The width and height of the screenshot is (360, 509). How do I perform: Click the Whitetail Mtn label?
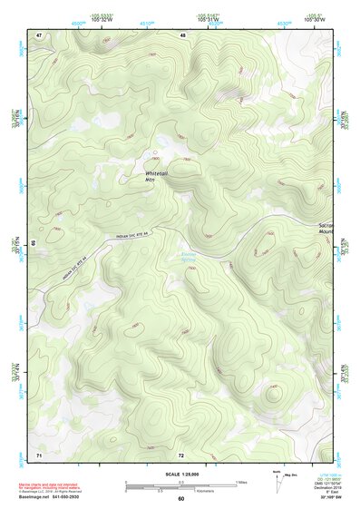pyautogui.click(x=157, y=175)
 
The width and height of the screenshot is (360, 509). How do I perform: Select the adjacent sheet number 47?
pyautogui.click(x=39, y=34)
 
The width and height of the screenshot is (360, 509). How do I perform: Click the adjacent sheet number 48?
pyautogui.click(x=182, y=34)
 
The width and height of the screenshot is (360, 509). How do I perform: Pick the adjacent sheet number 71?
pyautogui.click(x=39, y=454)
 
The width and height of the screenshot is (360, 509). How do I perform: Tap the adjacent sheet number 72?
pyautogui.click(x=181, y=454)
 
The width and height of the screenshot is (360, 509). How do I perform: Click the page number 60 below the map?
pyautogui.click(x=180, y=498)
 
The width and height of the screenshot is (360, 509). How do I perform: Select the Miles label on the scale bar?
pyautogui.click(x=240, y=482)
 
